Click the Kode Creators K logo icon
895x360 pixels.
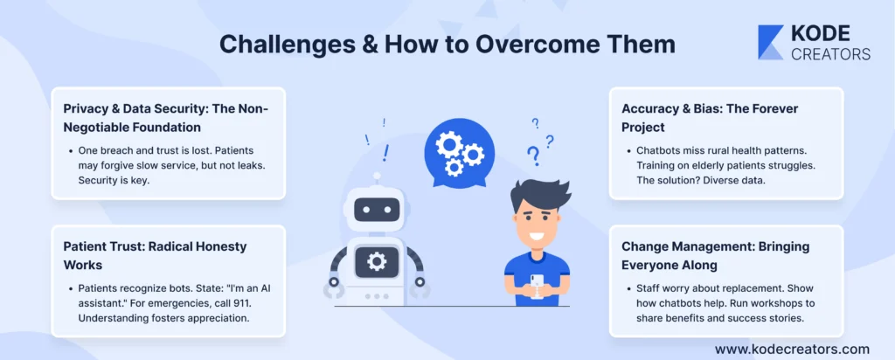tap(770, 42)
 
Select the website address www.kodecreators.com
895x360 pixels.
tap(792, 349)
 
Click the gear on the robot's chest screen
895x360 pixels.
tap(377, 261)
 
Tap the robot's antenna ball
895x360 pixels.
tap(376, 177)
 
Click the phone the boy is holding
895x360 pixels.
tap(538, 286)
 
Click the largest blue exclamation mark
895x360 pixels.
tap(386, 153)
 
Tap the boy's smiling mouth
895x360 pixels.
tap(538, 235)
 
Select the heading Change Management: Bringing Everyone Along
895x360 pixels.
tap(716, 257)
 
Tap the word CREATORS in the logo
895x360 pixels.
tap(830, 54)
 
